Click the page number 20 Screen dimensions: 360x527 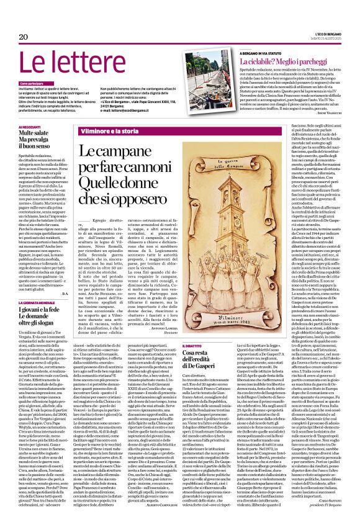[23, 37]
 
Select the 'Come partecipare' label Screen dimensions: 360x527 [32, 83]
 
